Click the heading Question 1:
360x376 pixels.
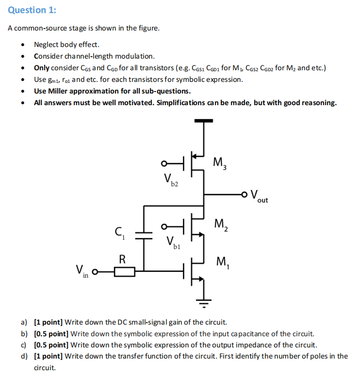pos(29,10)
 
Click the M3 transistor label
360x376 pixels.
pos(219,162)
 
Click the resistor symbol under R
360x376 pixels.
pos(125,272)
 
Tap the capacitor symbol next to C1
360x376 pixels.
pos(144,235)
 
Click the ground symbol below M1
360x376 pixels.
pos(204,303)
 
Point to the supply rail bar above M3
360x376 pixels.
pos(204,120)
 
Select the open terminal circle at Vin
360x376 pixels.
pos(96,272)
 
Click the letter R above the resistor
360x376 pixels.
pos(123,259)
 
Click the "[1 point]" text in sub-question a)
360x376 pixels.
pos(49,322)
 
